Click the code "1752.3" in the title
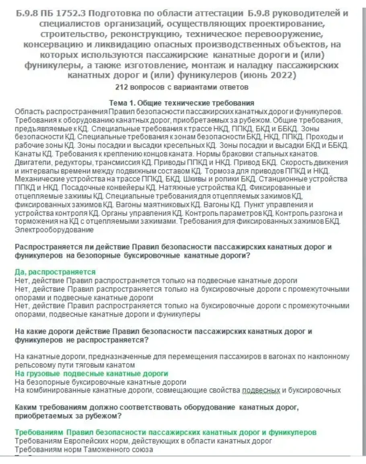pyautogui.click(x=67, y=13)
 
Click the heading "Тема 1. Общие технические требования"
pyautogui.click(x=182, y=103)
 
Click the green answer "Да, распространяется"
pyautogui.click(x=55, y=272)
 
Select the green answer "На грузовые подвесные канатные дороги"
pyautogui.click(x=91, y=374)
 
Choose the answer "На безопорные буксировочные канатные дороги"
pyautogui.click(x=100, y=382)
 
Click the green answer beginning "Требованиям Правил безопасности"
pyautogui.click(x=165, y=432)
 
